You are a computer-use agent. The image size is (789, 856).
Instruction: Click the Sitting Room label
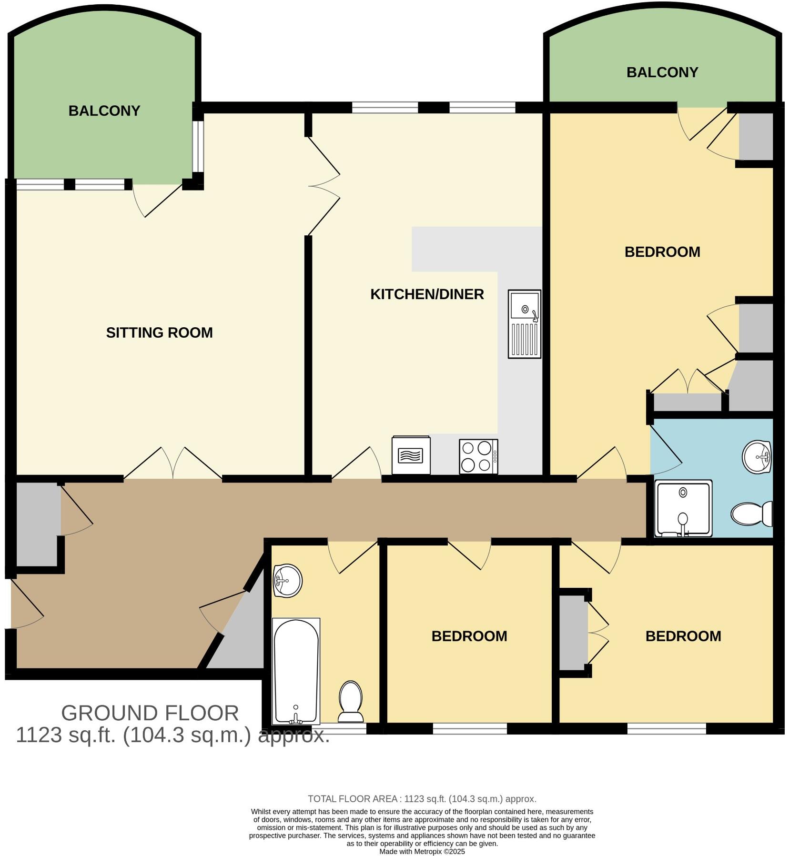click(159, 332)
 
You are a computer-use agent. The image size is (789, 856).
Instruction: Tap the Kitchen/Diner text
click(427, 294)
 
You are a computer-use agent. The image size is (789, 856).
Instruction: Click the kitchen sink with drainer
click(524, 324)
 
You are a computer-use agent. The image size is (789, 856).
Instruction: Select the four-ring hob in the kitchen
click(478, 456)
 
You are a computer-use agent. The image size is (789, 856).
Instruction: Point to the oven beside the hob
click(411, 455)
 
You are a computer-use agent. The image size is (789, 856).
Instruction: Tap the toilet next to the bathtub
click(351, 701)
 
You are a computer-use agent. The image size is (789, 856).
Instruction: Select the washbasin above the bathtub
click(287, 580)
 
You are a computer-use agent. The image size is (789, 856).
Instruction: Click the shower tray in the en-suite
click(683, 508)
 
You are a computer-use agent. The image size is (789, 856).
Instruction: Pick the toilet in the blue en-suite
click(752, 514)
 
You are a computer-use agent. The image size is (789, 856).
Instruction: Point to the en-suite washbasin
click(757, 457)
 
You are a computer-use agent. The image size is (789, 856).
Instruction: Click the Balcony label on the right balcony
click(662, 72)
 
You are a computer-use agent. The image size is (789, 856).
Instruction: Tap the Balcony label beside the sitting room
click(104, 111)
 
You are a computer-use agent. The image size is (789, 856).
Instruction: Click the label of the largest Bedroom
click(662, 252)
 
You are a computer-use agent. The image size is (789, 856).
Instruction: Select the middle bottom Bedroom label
click(469, 636)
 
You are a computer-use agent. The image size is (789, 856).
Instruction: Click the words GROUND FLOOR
click(150, 713)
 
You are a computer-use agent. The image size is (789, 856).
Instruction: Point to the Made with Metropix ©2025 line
click(422, 851)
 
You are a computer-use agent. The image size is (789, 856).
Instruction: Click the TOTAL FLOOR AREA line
click(422, 799)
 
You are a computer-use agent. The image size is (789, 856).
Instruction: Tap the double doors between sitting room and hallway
click(173, 464)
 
